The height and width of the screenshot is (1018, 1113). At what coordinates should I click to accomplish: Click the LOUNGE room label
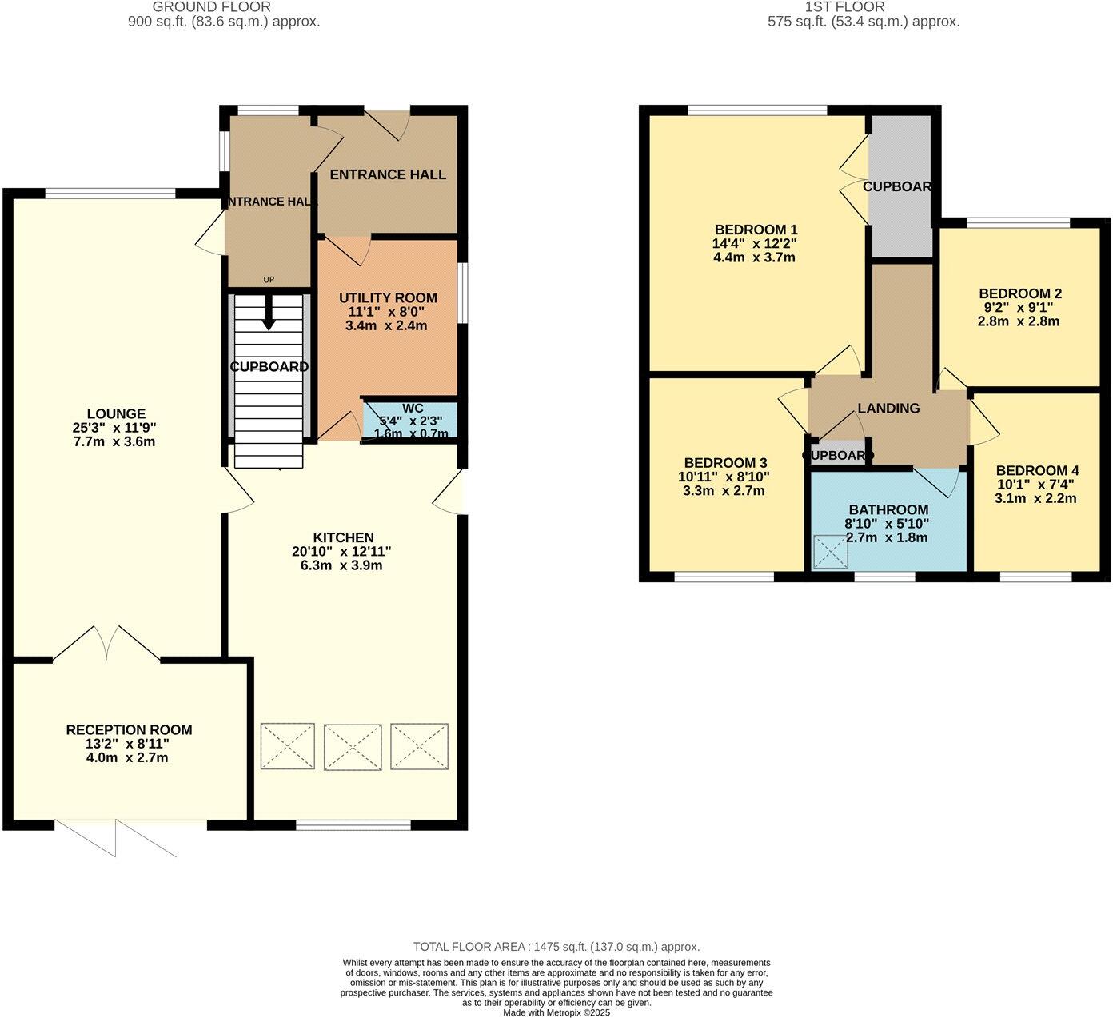(x=116, y=413)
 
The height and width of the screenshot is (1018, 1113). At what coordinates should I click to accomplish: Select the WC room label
(x=413, y=408)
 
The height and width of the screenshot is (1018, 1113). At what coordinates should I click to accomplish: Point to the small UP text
(x=269, y=280)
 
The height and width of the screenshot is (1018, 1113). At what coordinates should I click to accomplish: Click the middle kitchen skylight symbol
(x=353, y=747)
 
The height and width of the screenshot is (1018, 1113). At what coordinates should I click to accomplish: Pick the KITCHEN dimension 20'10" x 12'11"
(x=341, y=552)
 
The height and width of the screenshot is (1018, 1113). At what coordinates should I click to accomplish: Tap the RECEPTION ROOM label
(x=129, y=729)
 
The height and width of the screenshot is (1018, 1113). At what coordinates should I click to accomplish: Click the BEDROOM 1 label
(x=756, y=229)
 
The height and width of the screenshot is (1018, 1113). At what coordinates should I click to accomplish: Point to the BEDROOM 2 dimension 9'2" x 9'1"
(x=1019, y=307)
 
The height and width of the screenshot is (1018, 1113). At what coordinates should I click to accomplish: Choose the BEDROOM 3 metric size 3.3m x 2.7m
(x=724, y=491)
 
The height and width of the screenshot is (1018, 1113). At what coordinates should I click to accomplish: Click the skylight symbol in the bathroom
(x=829, y=553)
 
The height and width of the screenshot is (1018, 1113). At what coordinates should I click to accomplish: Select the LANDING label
(x=888, y=408)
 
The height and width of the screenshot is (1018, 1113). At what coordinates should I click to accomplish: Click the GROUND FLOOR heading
(x=211, y=7)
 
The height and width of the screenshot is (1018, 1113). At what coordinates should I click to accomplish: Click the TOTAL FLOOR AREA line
(x=556, y=947)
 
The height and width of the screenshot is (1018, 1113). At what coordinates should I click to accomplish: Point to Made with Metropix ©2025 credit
(x=556, y=1012)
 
